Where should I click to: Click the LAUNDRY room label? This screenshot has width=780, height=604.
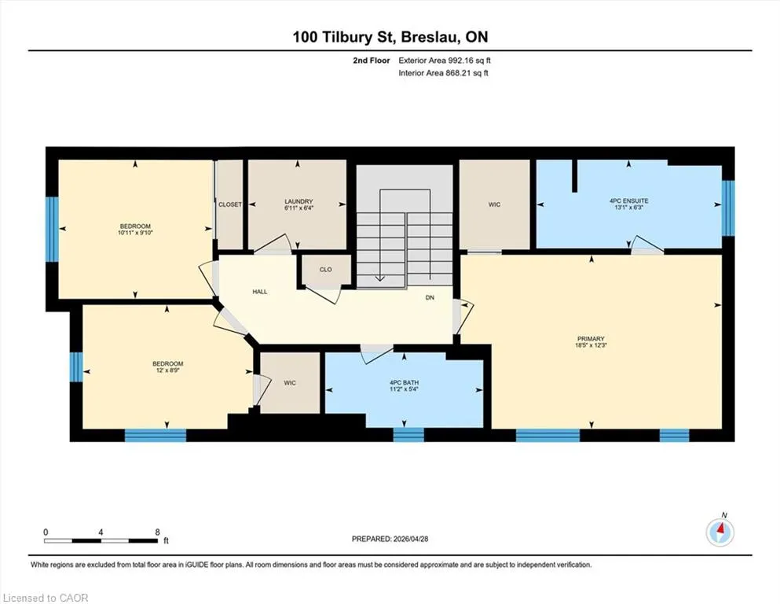click(298, 201)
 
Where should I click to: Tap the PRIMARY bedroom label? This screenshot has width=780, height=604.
click(591, 339)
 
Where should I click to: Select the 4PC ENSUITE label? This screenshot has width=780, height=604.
click(628, 201)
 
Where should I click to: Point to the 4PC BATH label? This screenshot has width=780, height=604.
click(404, 382)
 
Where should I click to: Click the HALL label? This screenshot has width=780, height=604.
click(260, 292)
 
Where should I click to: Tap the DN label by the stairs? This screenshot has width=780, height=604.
click(430, 297)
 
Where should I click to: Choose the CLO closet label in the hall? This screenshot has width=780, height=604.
click(326, 270)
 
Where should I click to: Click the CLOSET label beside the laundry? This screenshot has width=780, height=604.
click(230, 204)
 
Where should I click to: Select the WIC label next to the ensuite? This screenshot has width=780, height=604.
click(494, 204)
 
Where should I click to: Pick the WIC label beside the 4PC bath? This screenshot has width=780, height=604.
click(290, 383)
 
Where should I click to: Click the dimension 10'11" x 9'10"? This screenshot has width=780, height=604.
click(135, 232)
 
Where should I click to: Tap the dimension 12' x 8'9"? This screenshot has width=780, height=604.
click(167, 370)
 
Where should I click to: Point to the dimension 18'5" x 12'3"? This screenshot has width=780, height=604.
click(591, 344)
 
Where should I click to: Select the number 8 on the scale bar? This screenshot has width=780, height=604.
click(158, 532)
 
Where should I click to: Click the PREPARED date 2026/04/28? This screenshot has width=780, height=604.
click(410, 539)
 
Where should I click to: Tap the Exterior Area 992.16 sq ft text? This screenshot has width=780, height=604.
click(445, 61)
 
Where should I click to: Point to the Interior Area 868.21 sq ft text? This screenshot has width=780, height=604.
click(443, 72)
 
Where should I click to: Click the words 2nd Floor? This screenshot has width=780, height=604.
click(371, 61)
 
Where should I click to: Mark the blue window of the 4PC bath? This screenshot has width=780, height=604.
click(408, 435)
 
